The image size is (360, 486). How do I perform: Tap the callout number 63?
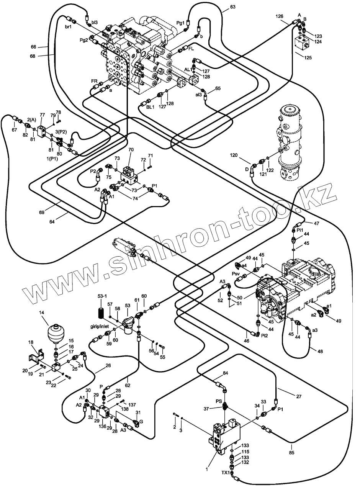[232, 7]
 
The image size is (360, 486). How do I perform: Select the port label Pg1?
[180, 23]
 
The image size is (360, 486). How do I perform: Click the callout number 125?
[308, 58]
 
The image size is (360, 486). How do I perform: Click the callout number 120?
[234, 155]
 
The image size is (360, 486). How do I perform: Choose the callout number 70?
[131, 150]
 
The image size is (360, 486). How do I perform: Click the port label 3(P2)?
[61, 132]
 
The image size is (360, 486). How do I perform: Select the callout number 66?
[33, 47]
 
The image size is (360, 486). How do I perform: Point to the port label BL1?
[150, 107]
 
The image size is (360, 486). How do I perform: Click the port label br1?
[68, 27]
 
